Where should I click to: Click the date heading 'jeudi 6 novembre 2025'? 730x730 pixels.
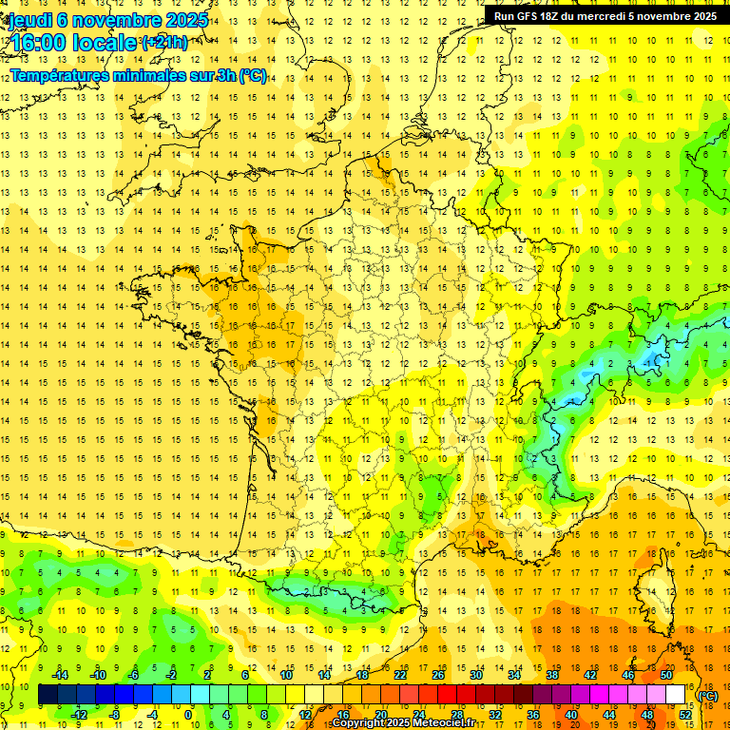tap(107, 19)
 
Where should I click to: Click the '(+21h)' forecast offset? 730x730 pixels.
tap(163, 43)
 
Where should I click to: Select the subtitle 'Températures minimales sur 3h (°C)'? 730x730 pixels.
tap(138, 75)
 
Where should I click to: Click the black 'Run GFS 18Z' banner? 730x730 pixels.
tap(605, 15)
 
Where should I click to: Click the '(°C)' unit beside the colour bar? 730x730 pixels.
tap(708, 696)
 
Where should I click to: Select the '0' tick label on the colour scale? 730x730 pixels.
tap(188, 715)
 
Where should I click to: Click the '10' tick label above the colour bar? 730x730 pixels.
tap(285, 675)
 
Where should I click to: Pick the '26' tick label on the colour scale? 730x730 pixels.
tap(438, 675)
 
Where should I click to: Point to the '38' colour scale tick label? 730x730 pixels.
tap(552, 675)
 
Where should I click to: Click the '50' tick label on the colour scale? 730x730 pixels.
tap(666, 675)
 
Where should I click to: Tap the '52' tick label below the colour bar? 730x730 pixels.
tap(685, 715)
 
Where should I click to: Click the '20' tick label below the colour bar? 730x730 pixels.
tap(381, 715)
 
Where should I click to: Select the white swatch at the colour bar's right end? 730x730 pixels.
tap(676, 695)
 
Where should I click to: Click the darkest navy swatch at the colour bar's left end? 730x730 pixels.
tap(48, 695)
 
